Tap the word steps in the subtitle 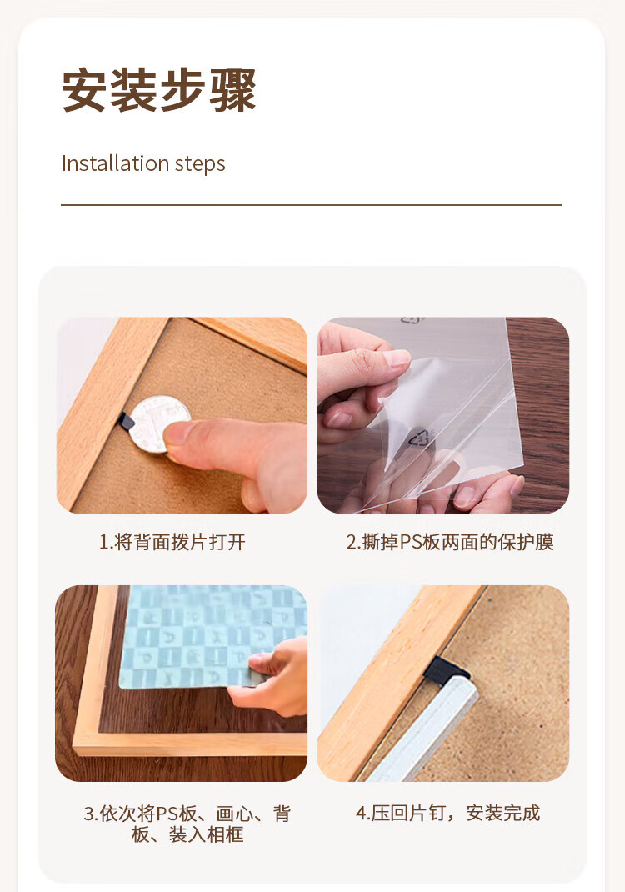click(x=199, y=164)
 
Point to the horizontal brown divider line click(x=311, y=204)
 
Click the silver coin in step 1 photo click(x=158, y=422)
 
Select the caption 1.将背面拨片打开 click(x=172, y=543)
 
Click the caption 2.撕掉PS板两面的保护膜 click(x=450, y=543)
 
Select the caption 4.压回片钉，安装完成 click(x=448, y=813)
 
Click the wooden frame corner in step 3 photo click(x=83, y=742)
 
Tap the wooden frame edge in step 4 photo click(x=392, y=675)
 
